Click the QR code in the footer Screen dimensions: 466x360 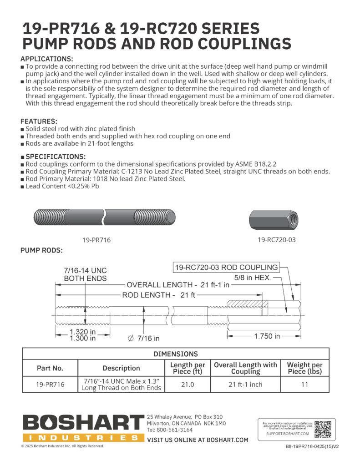coord(323,429)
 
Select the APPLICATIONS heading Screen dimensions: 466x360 coord(47,59)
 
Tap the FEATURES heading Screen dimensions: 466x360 coord(39,122)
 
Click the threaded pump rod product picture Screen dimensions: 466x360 coord(104,215)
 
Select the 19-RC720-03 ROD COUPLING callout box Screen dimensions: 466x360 coord(226,267)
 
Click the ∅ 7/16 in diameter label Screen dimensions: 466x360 coord(143,338)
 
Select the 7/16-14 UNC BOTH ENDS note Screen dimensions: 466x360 coord(85,274)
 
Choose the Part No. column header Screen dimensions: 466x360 coord(50,368)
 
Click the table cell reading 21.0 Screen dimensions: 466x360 coord(187,384)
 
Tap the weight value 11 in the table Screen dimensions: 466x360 coord(304,384)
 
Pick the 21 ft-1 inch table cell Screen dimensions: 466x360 coord(245,384)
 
